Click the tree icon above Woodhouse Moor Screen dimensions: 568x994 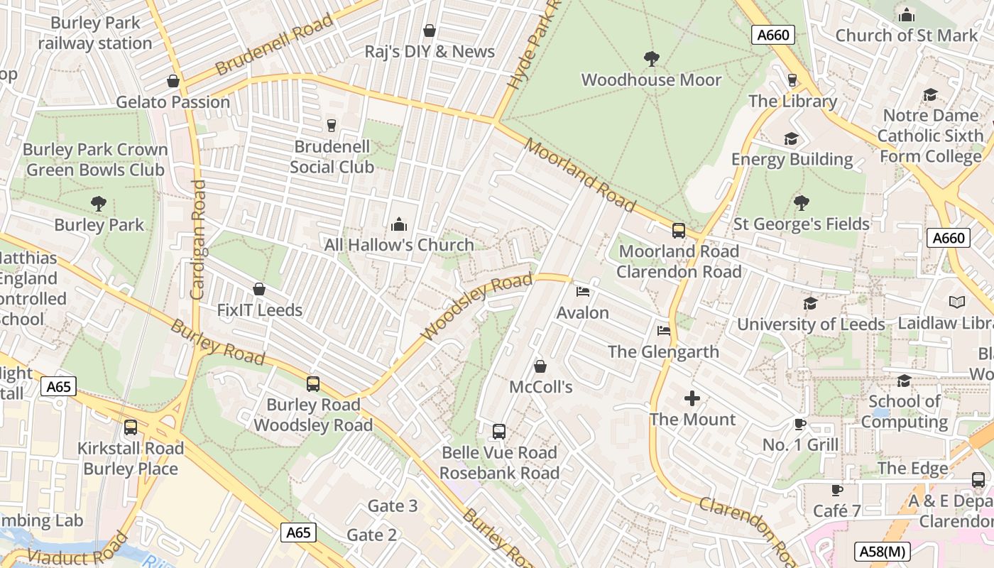pyautogui.click(x=651, y=58)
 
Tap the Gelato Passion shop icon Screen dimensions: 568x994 pyautogui.click(x=173, y=81)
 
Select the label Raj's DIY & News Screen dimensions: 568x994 pyautogui.click(x=430, y=52)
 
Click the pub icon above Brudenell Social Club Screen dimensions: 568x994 pyautogui.click(x=331, y=126)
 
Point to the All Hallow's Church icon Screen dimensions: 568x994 pyautogui.click(x=399, y=224)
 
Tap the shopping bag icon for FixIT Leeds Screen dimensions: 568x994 pyautogui.click(x=259, y=290)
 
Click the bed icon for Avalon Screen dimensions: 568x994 pyautogui.click(x=583, y=292)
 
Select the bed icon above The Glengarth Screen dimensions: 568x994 pyautogui.click(x=663, y=331)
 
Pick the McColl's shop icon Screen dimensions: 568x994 pyautogui.click(x=540, y=366)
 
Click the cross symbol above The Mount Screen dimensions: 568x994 pyautogui.click(x=692, y=398)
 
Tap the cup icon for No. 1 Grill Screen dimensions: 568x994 pyautogui.click(x=800, y=425)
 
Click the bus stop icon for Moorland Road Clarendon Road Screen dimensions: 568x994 pyautogui.click(x=679, y=231)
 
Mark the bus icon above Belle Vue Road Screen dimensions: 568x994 pyautogui.click(x=499, y=432)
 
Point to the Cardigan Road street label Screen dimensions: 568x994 pyautogui.click(x=198, y=239)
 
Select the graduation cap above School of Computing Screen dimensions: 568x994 pyautogui.click(x=904, y=381)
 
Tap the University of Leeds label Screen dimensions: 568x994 pyautogui.click(x=811, y=324)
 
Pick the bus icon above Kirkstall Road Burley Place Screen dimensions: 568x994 pyautogui.click(x=131, y=427)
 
